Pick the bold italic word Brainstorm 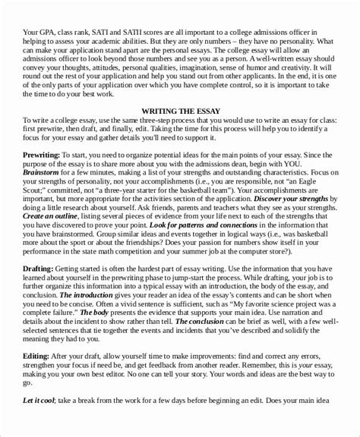(x=48, y=179)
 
